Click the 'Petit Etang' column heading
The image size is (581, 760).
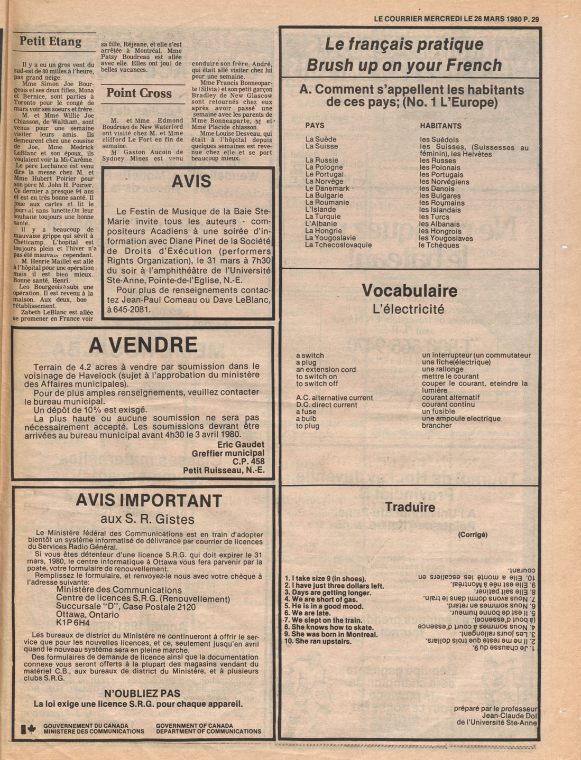pos(50,41)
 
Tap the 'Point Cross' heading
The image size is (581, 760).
pos(139,93)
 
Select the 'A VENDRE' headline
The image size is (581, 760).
pos(143,345)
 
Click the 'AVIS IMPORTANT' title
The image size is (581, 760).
pos(149,500)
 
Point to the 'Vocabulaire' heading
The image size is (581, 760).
pos(409,290)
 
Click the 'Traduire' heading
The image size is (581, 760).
pos(410,508)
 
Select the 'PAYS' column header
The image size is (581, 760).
pos(315,126)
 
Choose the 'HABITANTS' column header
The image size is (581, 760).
pos(440,126)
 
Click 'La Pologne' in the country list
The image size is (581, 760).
pos(324,167)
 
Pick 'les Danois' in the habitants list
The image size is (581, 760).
pos(437,189)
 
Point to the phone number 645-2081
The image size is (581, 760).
pos(132,309)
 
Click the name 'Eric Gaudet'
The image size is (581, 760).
pos(241,444)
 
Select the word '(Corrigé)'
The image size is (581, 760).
pos(472,534)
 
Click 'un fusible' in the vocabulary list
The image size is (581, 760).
pos(438,411)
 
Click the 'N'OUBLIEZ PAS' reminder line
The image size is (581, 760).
pos(142,693)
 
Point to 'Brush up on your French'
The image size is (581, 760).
pos(404,65)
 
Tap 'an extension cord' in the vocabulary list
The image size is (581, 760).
pos(326,370)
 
